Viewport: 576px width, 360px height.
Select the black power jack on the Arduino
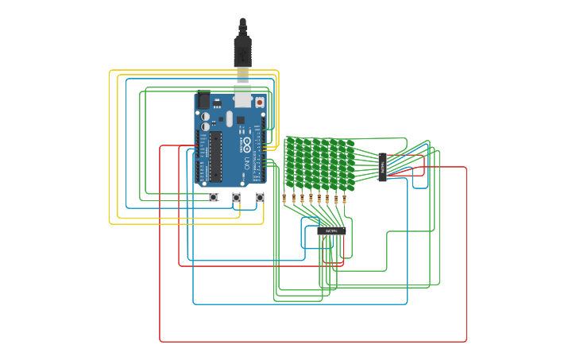coord(202,102)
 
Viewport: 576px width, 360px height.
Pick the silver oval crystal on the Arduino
coord(229,119)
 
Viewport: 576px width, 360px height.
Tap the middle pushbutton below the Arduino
coord(236,197)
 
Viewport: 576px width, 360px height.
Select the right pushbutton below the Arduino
coord(260,197)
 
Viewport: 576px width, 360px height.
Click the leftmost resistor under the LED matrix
coord(285,198)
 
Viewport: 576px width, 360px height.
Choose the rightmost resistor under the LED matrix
coord(344,198)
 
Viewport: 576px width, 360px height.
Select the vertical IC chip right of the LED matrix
coord(382,167)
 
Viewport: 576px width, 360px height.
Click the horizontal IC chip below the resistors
coord(332,231)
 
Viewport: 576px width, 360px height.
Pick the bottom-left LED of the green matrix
coord(288,183)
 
